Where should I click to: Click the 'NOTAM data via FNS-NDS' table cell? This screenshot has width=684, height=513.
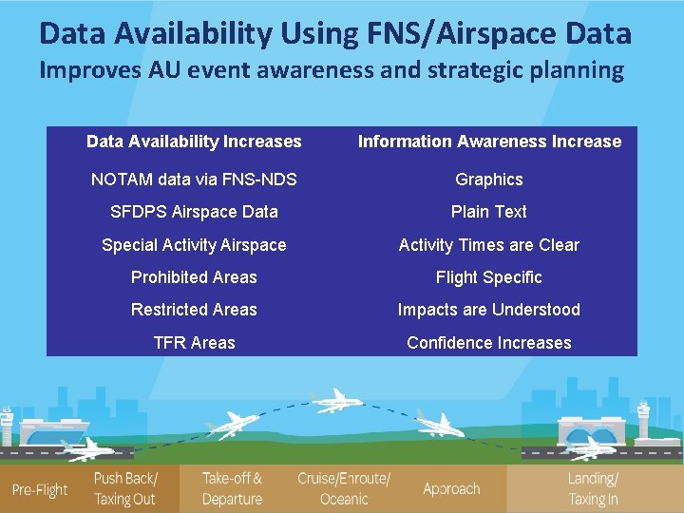[194, 180]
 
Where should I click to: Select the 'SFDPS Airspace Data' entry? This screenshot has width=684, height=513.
[194, 212]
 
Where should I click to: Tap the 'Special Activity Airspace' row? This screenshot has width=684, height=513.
[194, 245]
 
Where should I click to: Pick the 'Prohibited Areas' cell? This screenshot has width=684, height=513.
[194, 277]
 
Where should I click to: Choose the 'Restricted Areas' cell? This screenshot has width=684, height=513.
[194, 310]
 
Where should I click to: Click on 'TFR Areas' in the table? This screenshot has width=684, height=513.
[194, 343]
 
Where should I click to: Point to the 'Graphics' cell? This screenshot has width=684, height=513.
[488, 180]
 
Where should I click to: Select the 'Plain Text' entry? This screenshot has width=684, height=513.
[488, 212]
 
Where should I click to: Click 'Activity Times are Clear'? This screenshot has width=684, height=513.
[488, 245]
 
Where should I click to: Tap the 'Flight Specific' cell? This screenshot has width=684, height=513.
[488, 277]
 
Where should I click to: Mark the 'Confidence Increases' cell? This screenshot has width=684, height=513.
[488, 343]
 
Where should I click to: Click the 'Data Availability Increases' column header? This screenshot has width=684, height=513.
[194, 142]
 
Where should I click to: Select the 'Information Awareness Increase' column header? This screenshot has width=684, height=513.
[488, 142]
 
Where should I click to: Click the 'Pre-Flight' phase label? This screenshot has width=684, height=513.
[40, 490]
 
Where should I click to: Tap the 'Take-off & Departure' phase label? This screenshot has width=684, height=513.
[232, 488]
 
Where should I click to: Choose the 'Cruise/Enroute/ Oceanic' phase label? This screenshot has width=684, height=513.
[344, 488]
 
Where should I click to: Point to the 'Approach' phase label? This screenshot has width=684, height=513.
[451, 489]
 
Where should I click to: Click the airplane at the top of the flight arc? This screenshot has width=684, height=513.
[335, 400]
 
